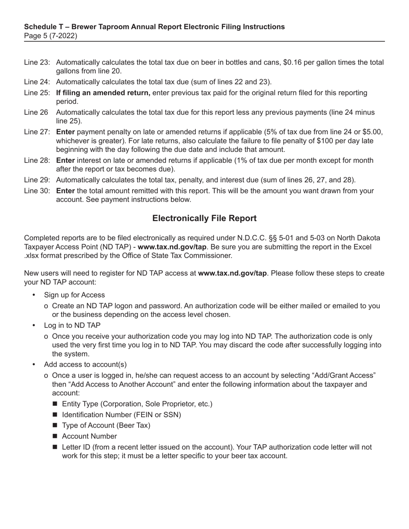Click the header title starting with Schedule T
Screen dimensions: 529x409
click(154, 27)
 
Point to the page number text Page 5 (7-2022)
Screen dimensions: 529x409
click(50, 36)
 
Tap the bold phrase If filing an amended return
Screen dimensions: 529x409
click(103, 93)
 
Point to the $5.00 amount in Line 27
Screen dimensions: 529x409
click(373, 132)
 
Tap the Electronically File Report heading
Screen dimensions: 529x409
click(204, 218)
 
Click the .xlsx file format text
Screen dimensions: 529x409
click(33, 256)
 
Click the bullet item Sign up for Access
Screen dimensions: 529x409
click(74, 295)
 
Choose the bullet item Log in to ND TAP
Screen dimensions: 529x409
click(72, 326)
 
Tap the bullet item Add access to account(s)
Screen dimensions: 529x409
click(85, 365)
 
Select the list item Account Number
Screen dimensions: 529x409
click(89, 437)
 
